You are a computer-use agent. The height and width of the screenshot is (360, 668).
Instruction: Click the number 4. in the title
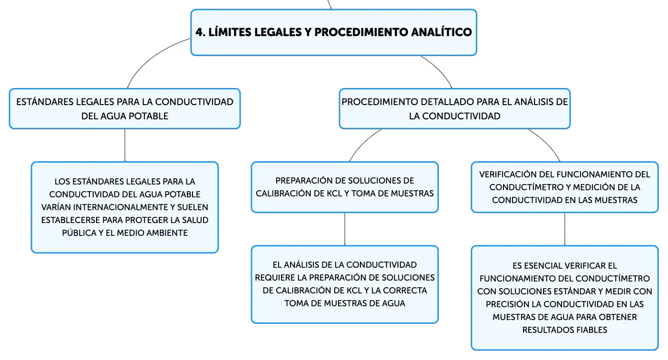point(201,32)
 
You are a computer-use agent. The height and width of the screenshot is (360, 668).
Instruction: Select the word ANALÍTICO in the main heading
point(441,32)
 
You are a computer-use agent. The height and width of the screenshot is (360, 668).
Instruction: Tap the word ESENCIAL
point(541,266)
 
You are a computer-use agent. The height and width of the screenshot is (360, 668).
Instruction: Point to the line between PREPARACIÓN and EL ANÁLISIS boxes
point(345,229)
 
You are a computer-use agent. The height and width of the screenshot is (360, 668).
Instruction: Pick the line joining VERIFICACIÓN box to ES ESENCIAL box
point(565,229)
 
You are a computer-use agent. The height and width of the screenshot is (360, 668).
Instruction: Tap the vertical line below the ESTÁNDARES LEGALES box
point(125,145)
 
